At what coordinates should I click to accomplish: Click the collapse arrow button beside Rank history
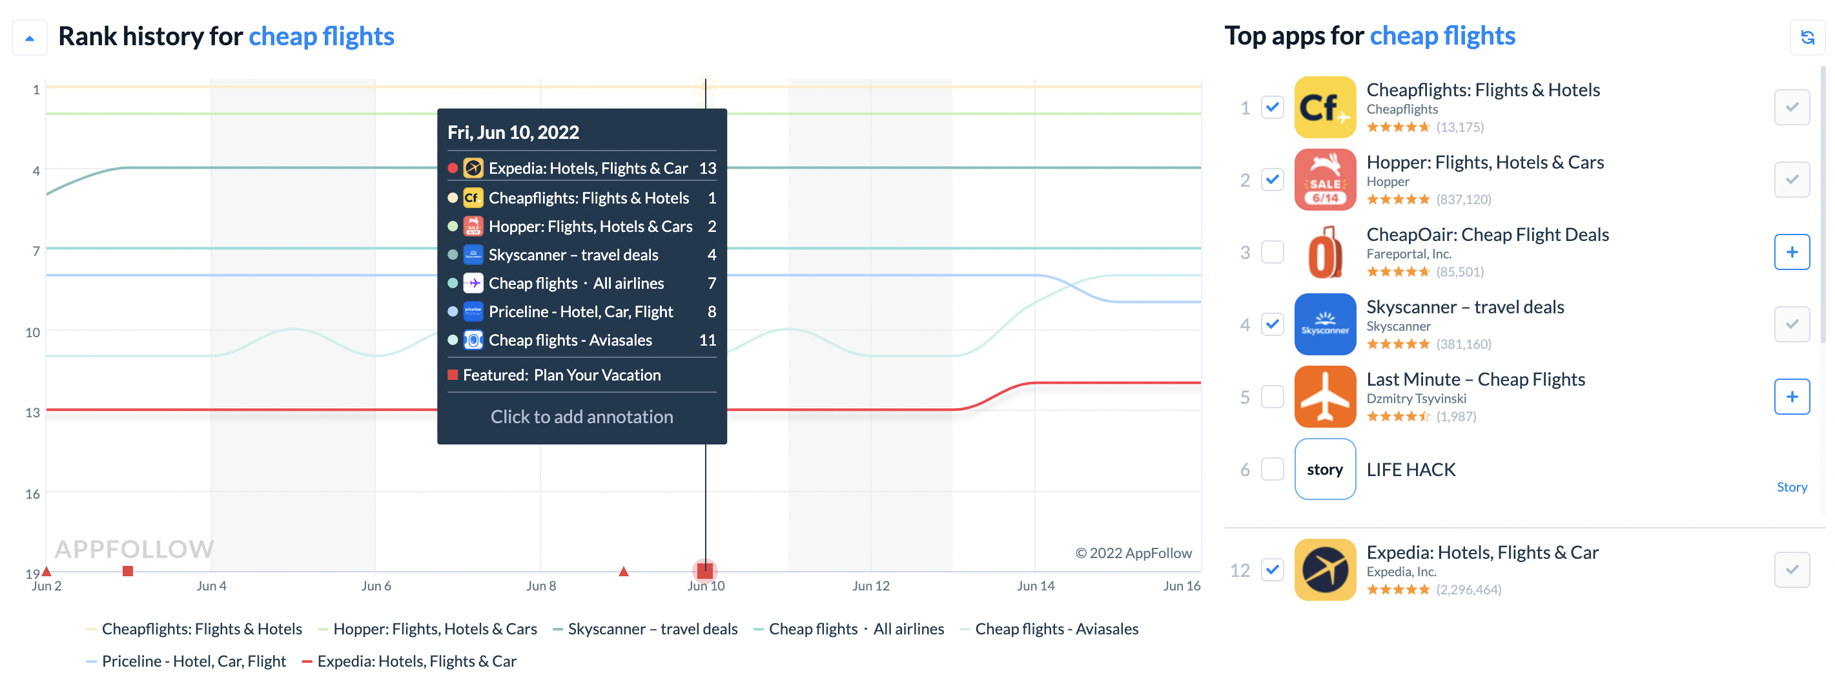[x=29, y=37]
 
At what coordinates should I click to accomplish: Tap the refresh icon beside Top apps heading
[x=1807, y=37]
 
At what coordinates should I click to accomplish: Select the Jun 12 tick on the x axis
[x=870, y=586]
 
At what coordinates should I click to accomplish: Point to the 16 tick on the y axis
[x=33, y=494]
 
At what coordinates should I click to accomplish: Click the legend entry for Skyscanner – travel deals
[x=651, y=629]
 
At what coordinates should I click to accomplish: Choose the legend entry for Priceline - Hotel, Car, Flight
[x=193, y=662]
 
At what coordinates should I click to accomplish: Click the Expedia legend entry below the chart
[x=416, y=662]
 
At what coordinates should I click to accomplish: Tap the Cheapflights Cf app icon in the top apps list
[x=1324, y=108]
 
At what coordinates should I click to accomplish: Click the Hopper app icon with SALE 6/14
[x=1324, y=180]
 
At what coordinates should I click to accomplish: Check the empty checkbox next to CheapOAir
[x=1272, y=252]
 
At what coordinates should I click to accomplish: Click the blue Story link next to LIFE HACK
[x=1791, y=487]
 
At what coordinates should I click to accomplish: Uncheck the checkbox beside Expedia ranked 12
[x=1272, y=569]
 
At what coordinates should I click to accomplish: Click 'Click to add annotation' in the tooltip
[x=581, y=417]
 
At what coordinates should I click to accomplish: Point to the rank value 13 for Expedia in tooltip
[x=708, y=168]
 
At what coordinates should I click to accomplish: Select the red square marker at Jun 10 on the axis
[x=704, y=570]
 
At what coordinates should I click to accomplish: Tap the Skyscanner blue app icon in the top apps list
[x=1324, y=324]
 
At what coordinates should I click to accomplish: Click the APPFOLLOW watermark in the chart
[x=134, y=548]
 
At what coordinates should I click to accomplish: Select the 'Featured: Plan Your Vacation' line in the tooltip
[x=561, y=375]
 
